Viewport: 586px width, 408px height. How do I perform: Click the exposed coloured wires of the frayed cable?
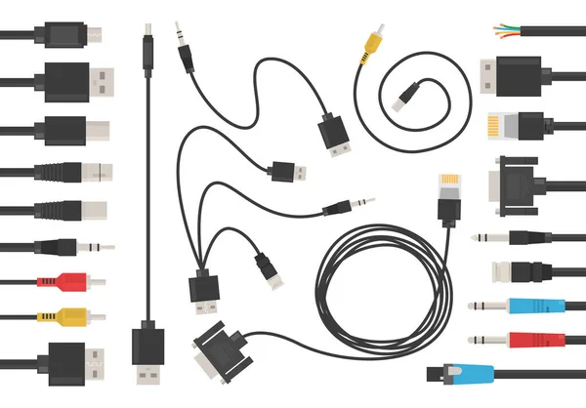(506, 27)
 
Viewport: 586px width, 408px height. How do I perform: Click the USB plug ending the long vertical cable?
(148, 351)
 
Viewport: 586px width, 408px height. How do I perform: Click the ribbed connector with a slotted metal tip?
(82, 172)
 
